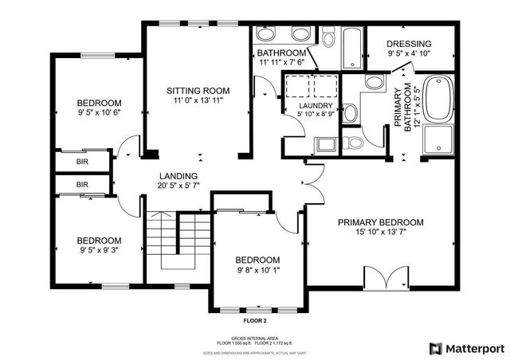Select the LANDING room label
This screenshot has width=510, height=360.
pos(178,176)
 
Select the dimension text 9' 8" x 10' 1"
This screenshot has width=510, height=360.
pos(257,272)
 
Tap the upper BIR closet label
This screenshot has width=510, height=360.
pos(82,162)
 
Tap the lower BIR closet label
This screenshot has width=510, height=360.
pos(82,185)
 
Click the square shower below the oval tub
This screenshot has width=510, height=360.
pos(437,140)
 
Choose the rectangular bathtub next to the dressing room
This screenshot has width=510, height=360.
pos(351,48)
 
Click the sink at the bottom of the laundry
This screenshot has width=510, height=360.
pos(324,144)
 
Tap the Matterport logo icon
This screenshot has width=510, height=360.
pos(435,348)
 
